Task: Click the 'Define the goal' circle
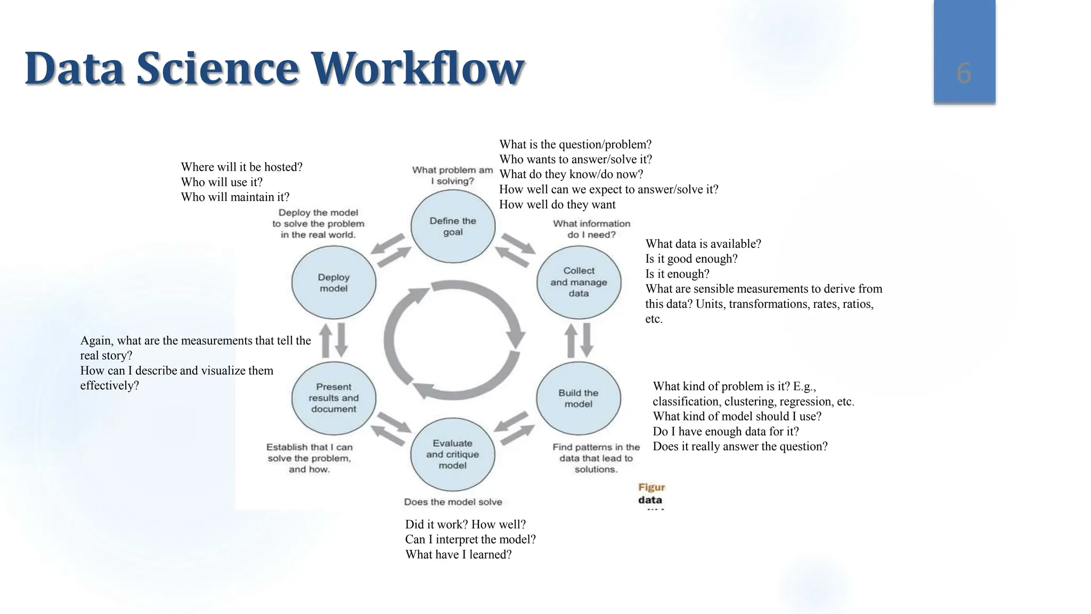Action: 453,227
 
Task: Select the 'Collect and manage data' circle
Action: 579,282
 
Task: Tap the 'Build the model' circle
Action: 579,399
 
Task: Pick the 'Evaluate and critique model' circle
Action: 452,455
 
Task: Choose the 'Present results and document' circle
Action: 333,398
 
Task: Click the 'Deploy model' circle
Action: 333,283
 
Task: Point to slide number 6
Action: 964,73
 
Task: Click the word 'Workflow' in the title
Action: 417,68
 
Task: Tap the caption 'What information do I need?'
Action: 591,229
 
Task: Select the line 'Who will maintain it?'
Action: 235,197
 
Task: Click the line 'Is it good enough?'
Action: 691,259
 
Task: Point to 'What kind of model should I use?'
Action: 737,416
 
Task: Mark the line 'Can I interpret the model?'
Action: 470,539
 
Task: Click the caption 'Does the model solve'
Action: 453,502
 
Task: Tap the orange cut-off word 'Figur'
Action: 651,487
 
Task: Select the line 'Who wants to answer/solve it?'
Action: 575,159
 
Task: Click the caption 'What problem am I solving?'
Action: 452,175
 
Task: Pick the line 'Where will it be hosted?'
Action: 241,167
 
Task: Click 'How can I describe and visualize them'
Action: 176,371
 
